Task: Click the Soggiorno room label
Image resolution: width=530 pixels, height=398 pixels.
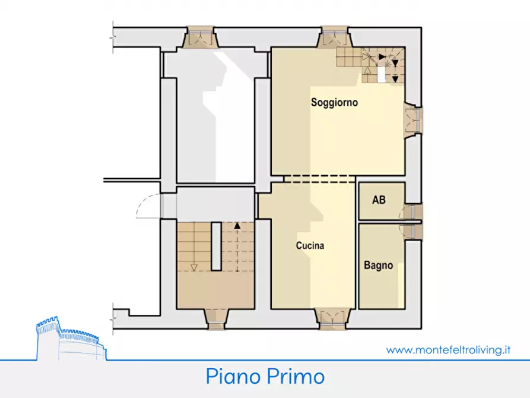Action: coord(334,102)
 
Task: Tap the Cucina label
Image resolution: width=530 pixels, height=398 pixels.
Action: coord(310,245)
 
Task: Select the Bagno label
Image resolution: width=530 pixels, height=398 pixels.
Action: coord(378,266)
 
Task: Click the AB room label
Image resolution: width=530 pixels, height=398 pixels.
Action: coord(379,200)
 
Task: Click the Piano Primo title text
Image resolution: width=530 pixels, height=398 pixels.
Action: coord(265,376)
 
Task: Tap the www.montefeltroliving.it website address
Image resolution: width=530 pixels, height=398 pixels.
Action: coord(448,350)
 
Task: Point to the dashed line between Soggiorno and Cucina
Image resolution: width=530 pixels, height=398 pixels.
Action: coord(319,178)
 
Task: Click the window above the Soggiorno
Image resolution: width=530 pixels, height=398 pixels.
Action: coord(335,38)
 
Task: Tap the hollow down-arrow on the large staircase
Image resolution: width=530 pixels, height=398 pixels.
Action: coord(193,267)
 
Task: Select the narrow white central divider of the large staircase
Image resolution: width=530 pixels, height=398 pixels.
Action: coord(215,247)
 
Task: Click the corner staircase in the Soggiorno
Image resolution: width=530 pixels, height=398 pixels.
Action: coord(371,64)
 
